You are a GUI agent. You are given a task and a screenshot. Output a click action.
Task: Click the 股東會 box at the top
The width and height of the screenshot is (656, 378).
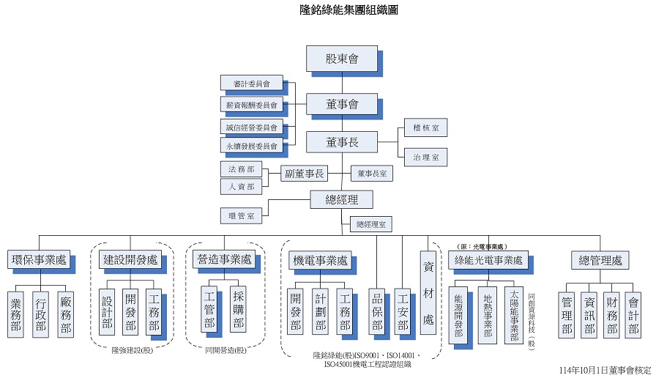(342, 59)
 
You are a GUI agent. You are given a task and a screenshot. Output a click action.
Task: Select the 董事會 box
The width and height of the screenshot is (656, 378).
(342, 104)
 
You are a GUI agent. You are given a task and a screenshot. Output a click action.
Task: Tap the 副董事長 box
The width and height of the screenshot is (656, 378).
(305, 174)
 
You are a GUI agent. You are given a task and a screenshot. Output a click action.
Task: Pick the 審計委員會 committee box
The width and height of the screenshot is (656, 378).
(251, 84)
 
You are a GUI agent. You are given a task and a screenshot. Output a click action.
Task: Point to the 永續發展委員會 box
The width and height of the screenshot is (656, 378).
(251, 147)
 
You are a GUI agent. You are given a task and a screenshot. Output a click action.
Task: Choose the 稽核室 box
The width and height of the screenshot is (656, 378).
(425, 128)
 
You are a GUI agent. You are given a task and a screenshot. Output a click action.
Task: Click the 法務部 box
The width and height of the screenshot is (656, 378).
(241, 169)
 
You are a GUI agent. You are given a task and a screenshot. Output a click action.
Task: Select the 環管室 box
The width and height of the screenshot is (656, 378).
(241, 215)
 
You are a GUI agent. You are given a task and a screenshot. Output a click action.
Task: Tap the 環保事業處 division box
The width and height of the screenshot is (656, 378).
(40, 259)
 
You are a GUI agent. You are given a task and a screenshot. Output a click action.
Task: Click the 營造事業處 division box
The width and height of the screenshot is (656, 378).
(225, 259)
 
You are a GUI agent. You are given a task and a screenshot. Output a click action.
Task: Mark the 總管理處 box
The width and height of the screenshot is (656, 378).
(600, 259)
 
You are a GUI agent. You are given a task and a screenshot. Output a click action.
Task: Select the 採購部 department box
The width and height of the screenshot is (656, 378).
(238, 308)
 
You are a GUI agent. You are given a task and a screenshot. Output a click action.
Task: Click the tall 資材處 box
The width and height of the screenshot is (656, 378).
(428, 292)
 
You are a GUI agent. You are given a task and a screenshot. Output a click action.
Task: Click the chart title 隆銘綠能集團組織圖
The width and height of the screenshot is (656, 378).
(349, 10)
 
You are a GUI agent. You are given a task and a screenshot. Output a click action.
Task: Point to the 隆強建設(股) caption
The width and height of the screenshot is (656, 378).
(132, 350)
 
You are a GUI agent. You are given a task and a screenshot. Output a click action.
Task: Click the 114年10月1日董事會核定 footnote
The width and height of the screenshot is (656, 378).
(605, 371)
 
